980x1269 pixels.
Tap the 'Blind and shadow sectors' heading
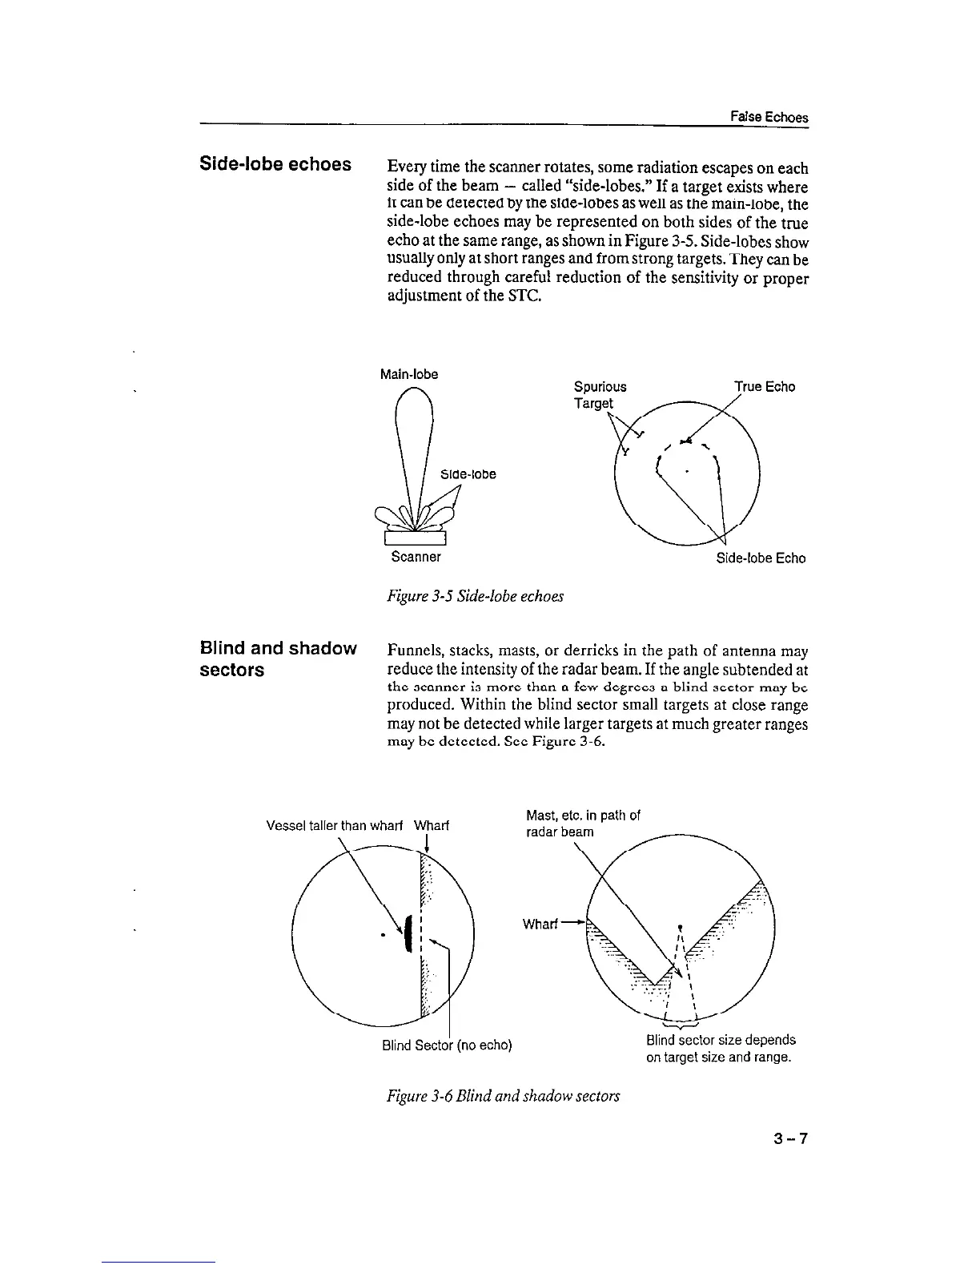point(278,659)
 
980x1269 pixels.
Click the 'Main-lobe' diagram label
point(409,374)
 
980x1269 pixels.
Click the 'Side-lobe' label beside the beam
point(468,474)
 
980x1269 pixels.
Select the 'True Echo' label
point(765,387)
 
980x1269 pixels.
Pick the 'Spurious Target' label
point(600,395)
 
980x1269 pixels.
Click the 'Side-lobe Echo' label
point(761,558)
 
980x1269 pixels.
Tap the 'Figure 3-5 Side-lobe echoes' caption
point(475,596)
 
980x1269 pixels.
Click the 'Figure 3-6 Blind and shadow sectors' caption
point(503,1095)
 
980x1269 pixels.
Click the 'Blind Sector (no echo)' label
point(447,1045)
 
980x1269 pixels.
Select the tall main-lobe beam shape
point(415,449)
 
